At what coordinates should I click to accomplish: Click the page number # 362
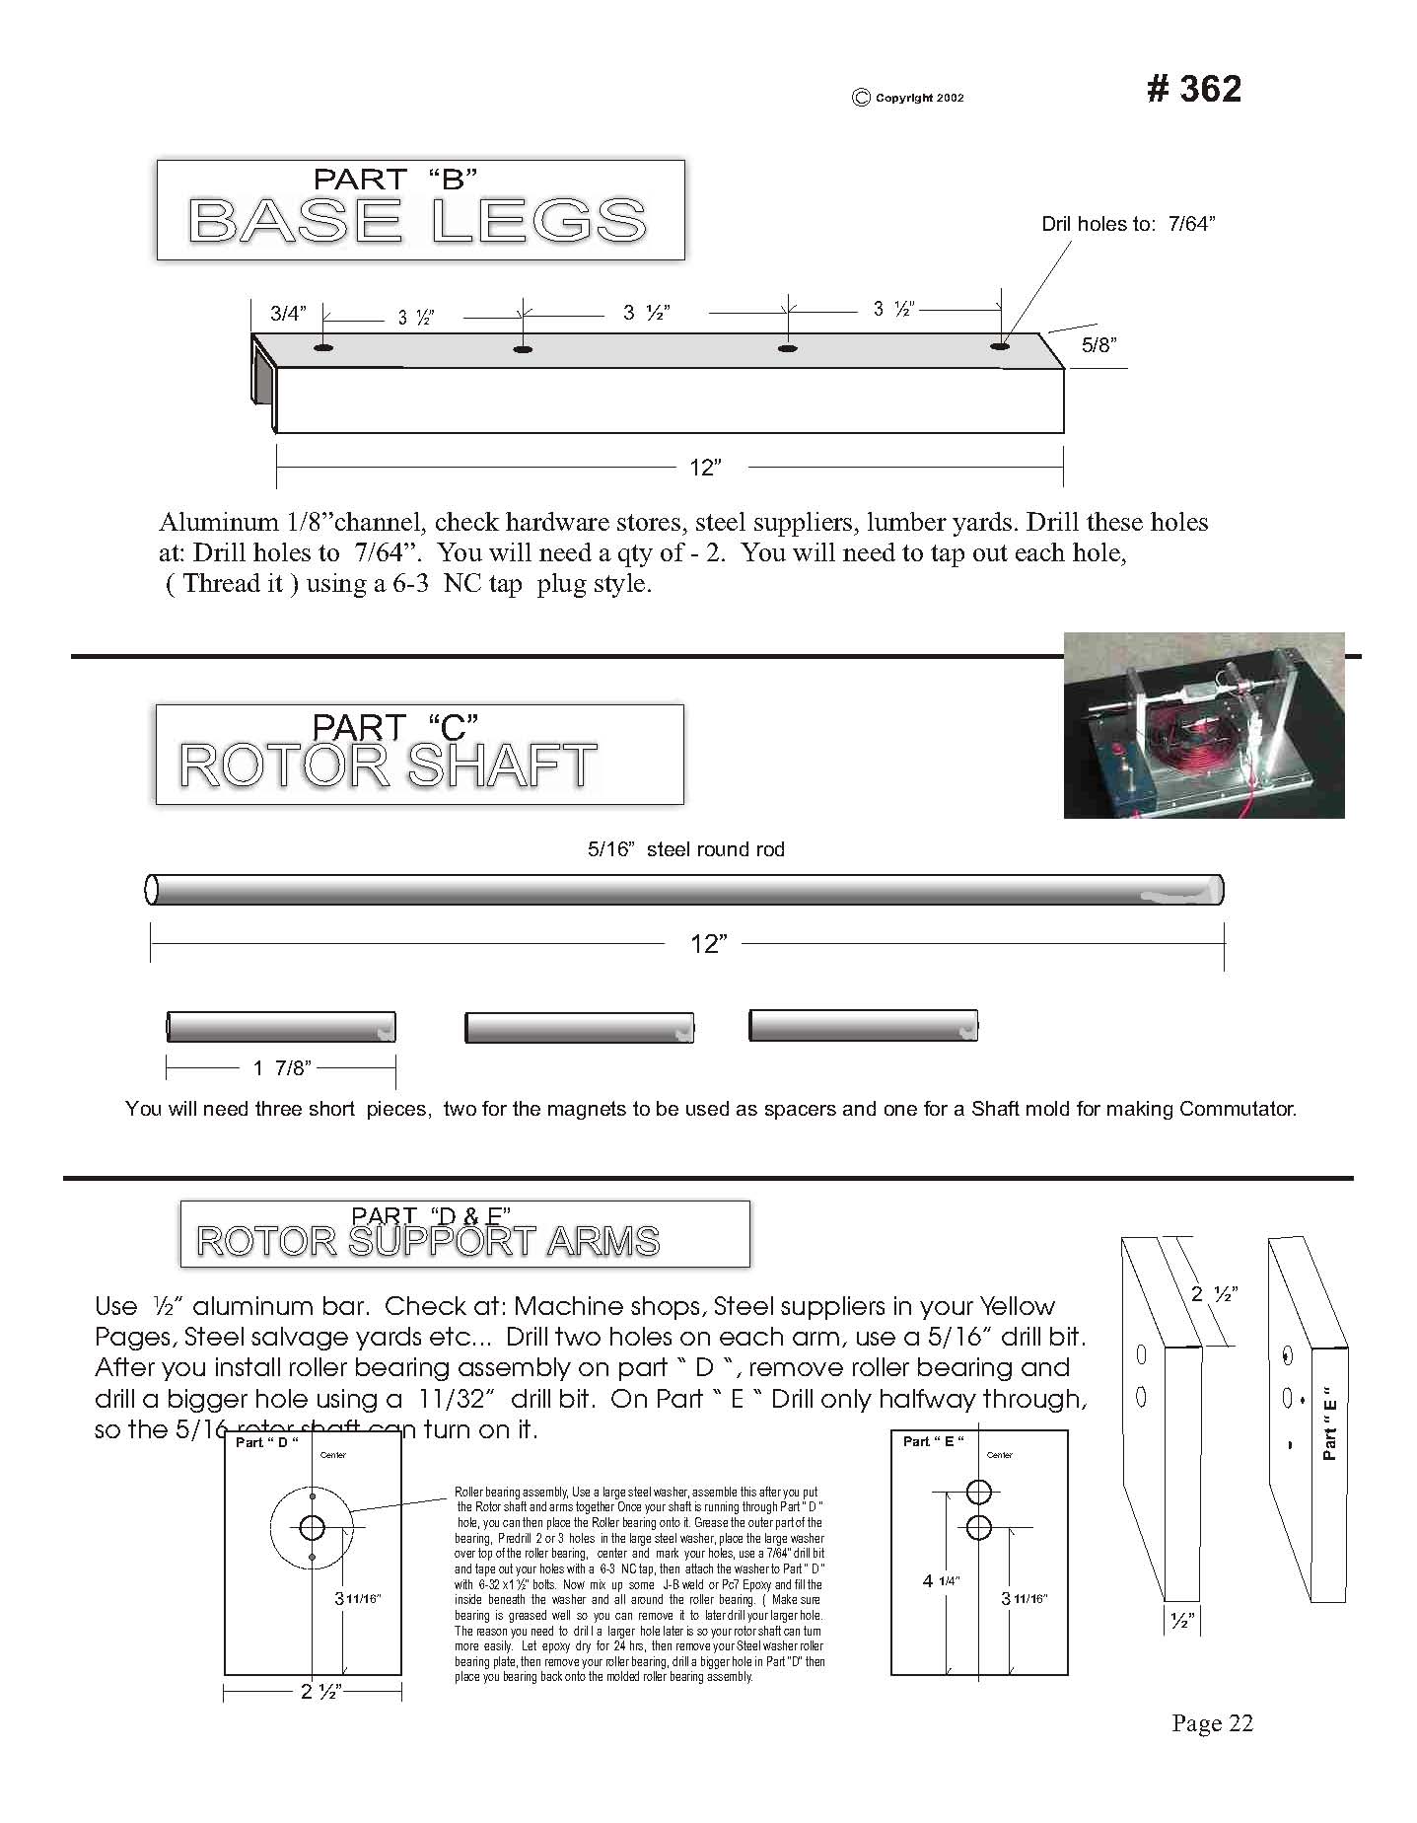(x=1193, y=89)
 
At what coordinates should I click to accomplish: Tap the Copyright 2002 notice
(x=908, y=98)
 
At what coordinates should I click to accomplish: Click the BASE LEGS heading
(x=417, y=220)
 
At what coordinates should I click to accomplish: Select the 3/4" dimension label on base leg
(x=288, y=314)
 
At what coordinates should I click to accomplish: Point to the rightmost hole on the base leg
(x=1000, y=346)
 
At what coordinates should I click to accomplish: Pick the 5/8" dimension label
(x=1098, y=344)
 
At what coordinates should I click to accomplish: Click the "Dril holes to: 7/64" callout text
(x=1128, y=224)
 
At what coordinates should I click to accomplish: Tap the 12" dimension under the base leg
(x=705, y=467)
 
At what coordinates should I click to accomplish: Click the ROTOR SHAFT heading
(x=388, y=766)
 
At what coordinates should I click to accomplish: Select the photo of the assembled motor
(x=1203, y=725)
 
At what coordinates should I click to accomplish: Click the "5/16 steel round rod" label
(x=685, y=849)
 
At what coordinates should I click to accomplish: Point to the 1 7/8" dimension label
(x=281, y=1067)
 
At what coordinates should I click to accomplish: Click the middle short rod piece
(x=579, y=1027)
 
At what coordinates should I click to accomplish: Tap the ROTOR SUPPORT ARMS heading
(x=428, y=1241)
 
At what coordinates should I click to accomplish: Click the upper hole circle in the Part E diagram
(x=977, y=1491)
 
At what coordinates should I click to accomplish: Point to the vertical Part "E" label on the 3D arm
(x=1328, y=1423)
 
